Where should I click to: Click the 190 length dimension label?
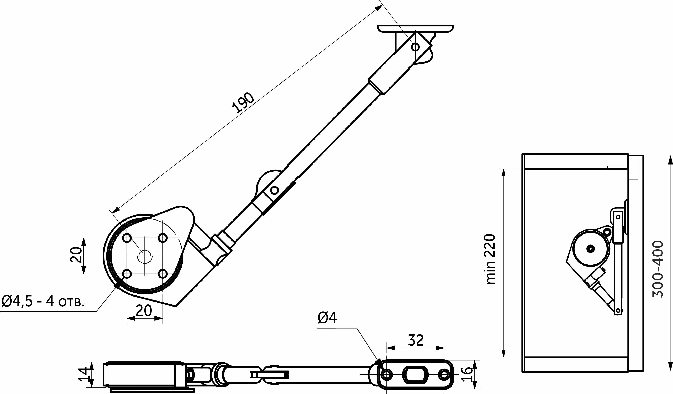click(243, 103)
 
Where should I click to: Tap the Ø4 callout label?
click(327, 318)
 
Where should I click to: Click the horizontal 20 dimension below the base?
click(144, 311)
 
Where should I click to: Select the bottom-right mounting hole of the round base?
click(162, 274)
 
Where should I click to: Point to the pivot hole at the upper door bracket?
click(415, 47)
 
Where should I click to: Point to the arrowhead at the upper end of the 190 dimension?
click(379, 8)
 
